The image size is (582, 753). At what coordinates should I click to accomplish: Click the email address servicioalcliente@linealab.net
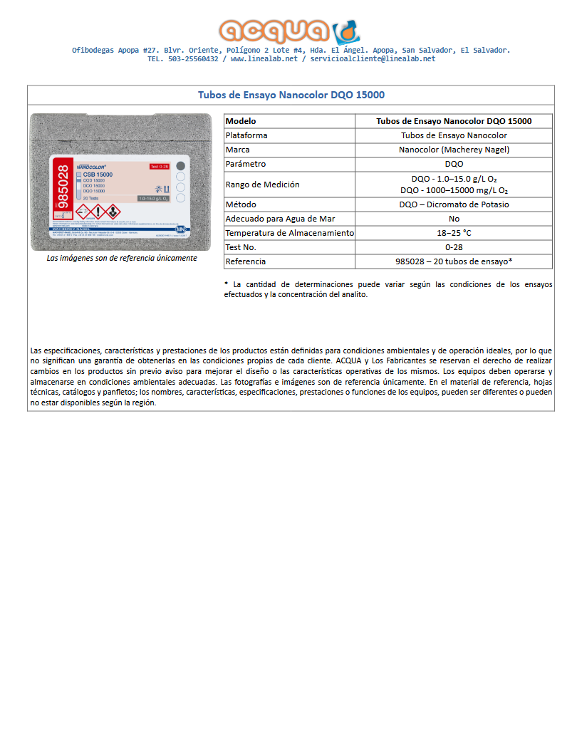tap(373, 59)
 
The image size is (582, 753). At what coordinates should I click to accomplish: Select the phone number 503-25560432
tap(193, 59)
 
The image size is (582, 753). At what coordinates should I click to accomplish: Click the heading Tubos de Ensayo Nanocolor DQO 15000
tap(291, 95)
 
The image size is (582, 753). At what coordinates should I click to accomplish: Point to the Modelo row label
tap(241, 121)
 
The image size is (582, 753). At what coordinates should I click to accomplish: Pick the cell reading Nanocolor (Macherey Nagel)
tap(454, 150)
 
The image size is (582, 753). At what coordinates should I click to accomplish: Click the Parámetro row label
tap(245, 164)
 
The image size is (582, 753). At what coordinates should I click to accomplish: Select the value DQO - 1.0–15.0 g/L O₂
tap(454, 179)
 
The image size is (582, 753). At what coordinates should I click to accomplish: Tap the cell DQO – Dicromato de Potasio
tap(454, 204)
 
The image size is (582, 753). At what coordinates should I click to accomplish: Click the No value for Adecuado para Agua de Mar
tap(454, 219)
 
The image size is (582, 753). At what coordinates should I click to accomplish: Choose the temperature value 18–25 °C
tap(454, 233)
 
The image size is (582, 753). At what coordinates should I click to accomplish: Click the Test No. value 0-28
tap(454, 247)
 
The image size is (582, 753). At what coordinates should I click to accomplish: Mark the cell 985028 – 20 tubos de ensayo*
tap(454, 261)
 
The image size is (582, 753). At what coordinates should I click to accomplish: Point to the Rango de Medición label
tap(262, 185)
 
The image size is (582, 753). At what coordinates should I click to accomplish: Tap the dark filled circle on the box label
tap(180, 165)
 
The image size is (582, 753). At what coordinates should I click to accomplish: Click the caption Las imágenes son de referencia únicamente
tap(121, 258)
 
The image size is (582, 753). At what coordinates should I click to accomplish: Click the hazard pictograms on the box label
tap(98, 212)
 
